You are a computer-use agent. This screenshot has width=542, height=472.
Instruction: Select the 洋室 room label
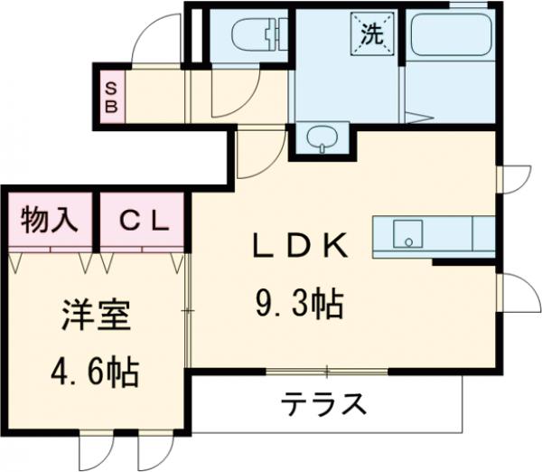[x=96, y=317]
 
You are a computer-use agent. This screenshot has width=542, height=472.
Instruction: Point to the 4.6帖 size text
[x=96, y=369]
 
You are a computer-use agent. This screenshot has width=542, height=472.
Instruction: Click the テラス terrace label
[x=322, y=401]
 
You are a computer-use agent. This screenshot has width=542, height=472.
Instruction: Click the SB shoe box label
[x=112, y=95]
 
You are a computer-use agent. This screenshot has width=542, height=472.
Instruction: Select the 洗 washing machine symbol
[x=372, y=34]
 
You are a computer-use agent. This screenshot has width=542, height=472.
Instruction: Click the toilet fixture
[x=253, y=36]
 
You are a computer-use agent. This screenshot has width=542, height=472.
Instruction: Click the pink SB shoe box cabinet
[x=112, y=95]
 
